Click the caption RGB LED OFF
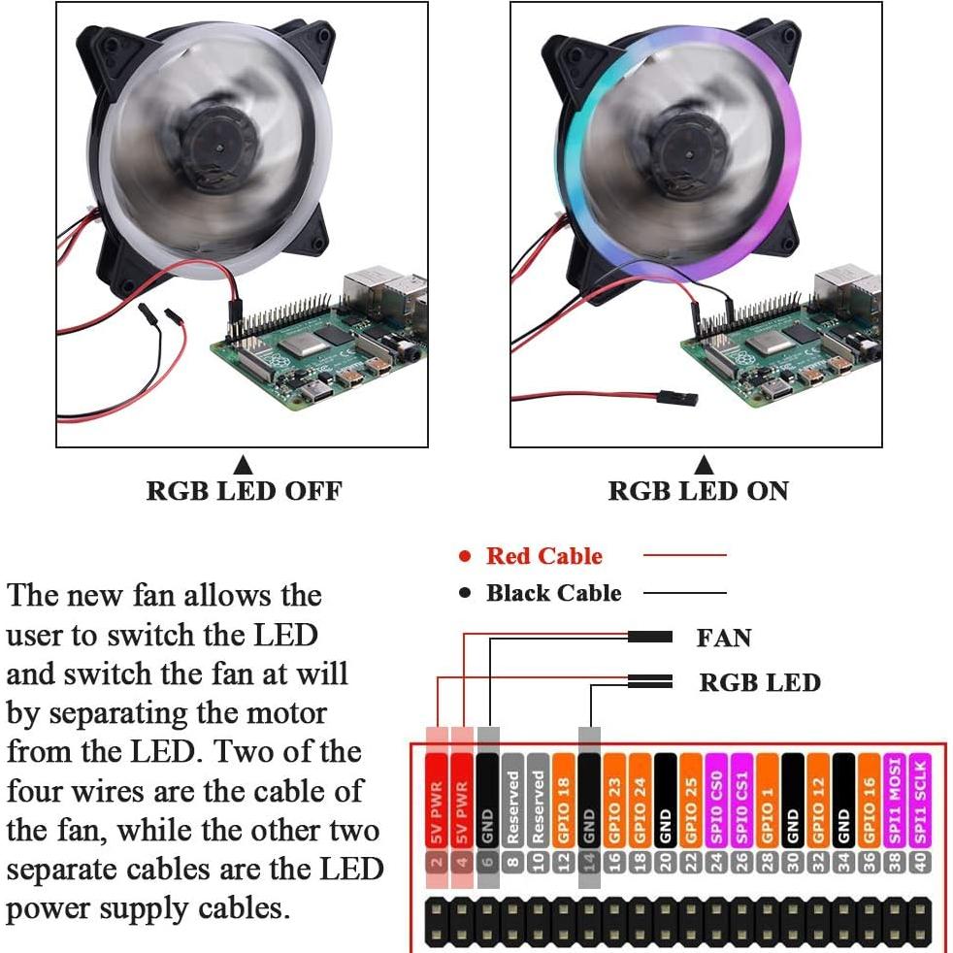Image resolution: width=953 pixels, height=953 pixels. click(244, 490)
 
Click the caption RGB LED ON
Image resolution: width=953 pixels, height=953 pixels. click(698, 490)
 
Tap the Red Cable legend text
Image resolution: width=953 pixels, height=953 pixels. click(543, 556)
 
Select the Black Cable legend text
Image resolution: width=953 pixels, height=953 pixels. click(553, 593)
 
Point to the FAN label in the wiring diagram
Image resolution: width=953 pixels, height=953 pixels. click(724, 638)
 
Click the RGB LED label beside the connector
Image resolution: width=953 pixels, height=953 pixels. click(760, 682)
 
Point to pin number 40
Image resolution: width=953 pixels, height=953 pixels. click(919, 860)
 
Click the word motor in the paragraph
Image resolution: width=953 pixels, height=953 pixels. click(287, 713)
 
